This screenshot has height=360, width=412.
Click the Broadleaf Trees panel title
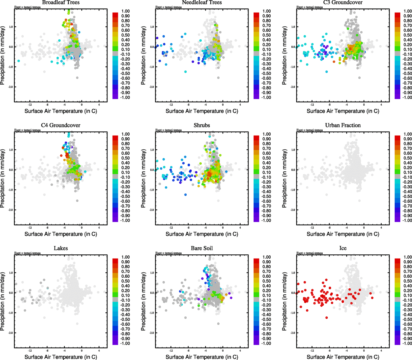point(61,2)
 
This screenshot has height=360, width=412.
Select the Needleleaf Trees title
point(202,2)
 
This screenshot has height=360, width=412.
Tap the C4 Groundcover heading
point(61,125)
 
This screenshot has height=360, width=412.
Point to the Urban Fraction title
point(343,125)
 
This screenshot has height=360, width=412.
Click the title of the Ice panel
point(343,248)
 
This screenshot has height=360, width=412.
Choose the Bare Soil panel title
point(202,248)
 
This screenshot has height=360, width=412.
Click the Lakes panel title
point(61,248)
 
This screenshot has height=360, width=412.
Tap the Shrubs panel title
point(202,125)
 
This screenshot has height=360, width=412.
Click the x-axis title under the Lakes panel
point(61,357)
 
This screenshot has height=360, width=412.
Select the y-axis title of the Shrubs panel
point(143,179)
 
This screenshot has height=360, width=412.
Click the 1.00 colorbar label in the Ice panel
point(407,257)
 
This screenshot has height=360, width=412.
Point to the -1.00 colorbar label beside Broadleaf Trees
point(125,97)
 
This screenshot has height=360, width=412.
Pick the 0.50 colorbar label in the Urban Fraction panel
point(407,158)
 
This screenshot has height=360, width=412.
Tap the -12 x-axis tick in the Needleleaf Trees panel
point(171,105)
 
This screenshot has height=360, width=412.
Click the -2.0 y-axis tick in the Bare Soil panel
point(152,333)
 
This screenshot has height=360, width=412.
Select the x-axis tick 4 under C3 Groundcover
point(381,105)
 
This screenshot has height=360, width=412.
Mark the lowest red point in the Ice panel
point(326,317)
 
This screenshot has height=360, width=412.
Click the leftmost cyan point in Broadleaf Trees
point(19,61)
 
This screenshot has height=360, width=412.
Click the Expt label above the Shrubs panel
point(168,130)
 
